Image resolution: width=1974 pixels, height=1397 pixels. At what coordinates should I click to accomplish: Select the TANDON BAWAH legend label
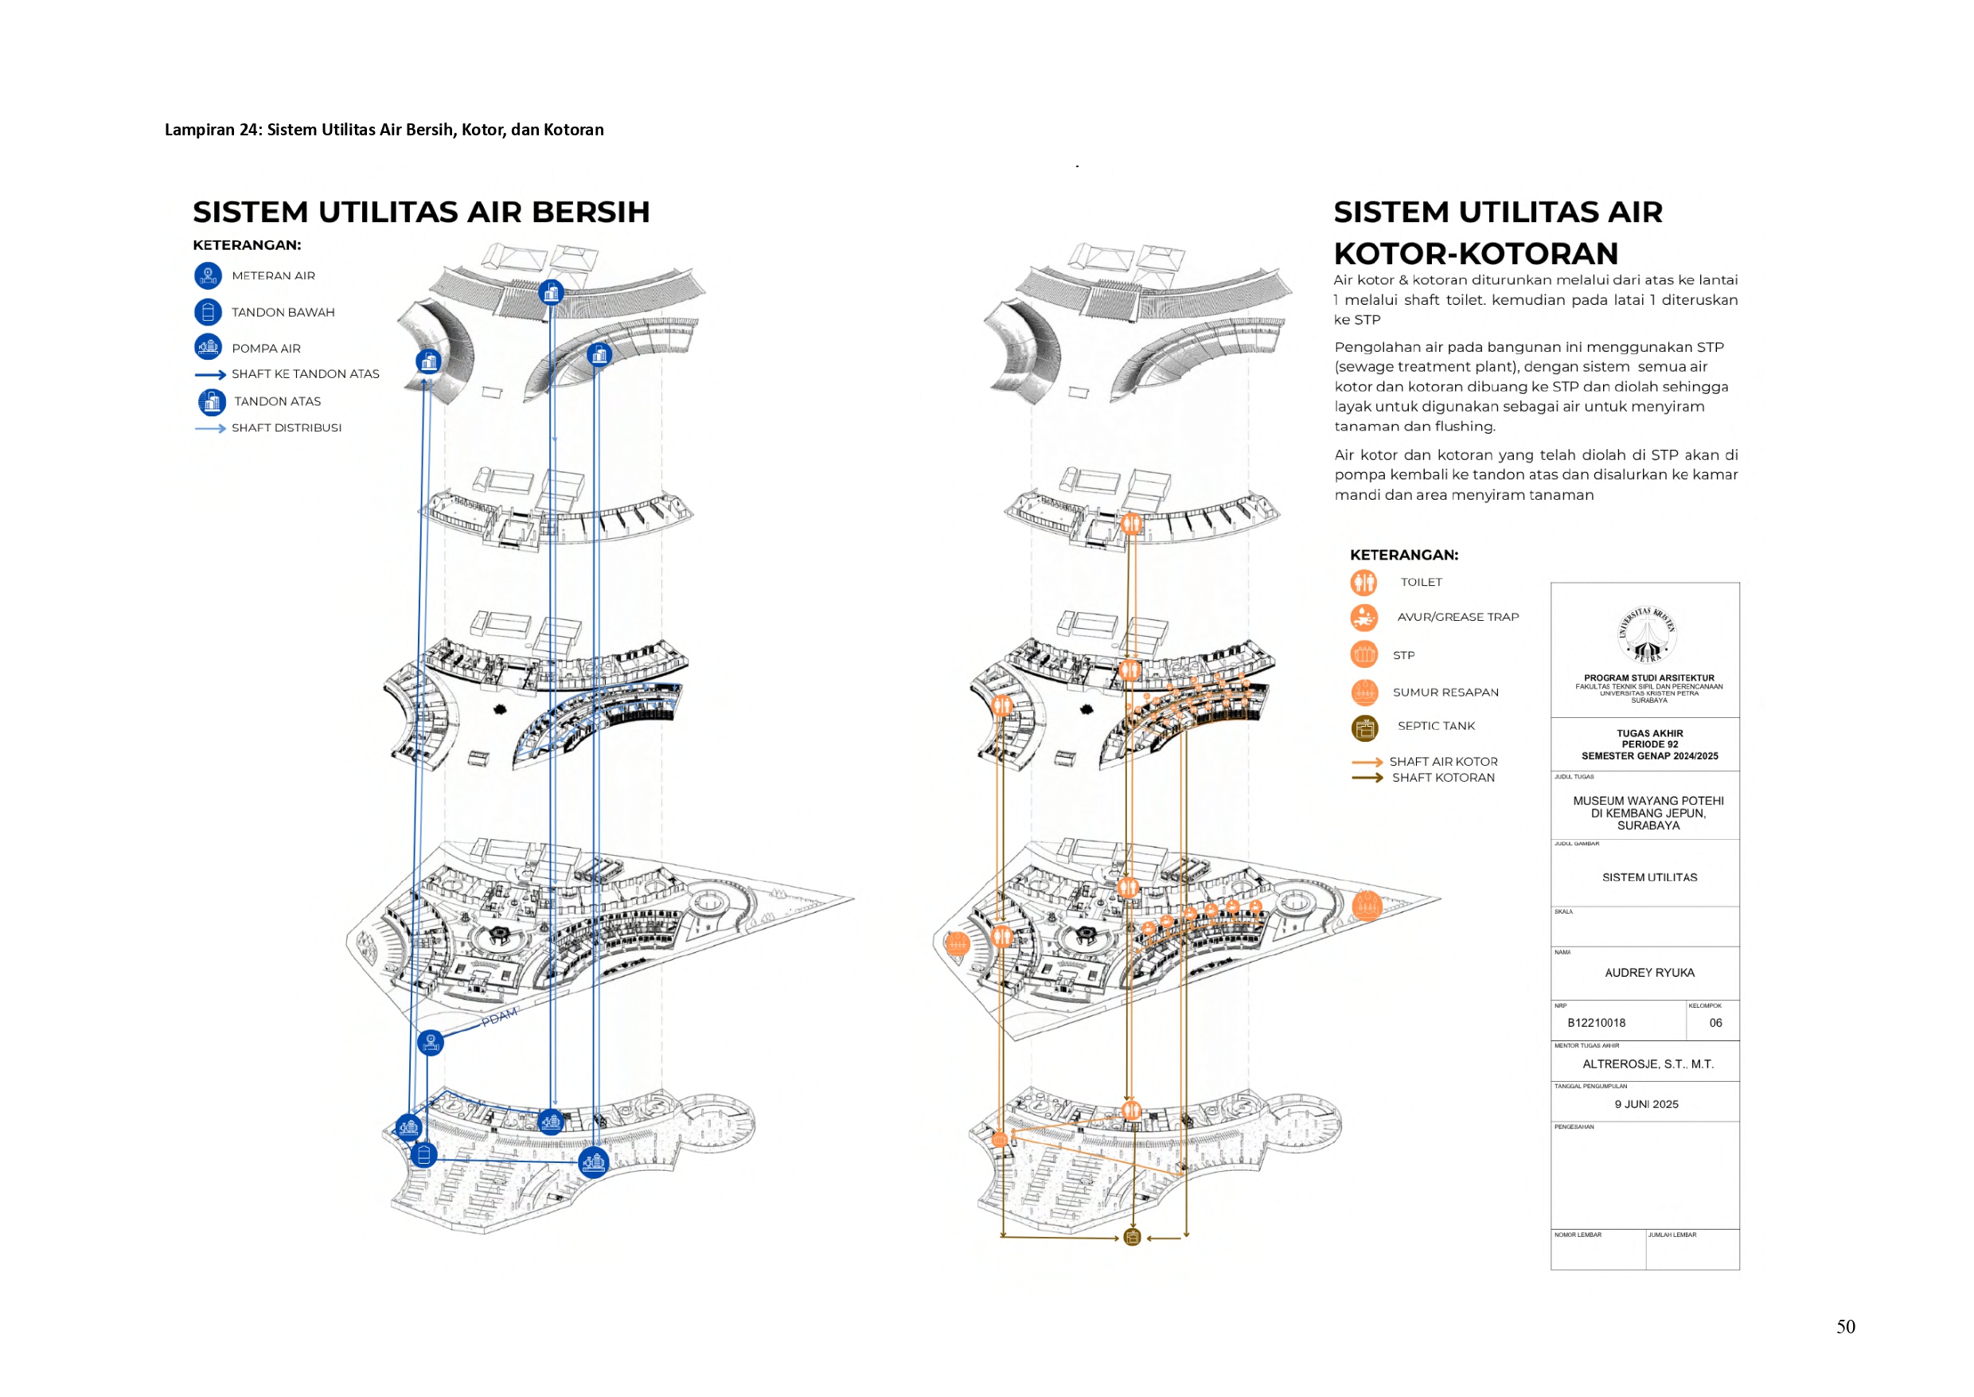pyautogui.click(x=283, y=312)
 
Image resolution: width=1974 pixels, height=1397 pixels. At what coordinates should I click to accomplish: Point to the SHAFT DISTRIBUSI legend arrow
pyautogui.click(x=210, y=428)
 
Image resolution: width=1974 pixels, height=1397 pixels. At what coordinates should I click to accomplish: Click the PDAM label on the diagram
pyautogui.click(x=500, y=1017)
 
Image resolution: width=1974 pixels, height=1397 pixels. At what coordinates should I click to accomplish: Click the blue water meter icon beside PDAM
pyautogui.click(x=430, y=1043)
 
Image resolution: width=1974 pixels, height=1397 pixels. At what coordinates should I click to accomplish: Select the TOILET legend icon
pyautogui.click(x=1363, y=583)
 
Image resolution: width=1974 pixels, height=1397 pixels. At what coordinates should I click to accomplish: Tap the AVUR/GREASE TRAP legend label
pyautogui.click(x=1457, y=618)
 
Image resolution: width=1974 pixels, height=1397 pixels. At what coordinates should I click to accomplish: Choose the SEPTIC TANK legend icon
pyautogui.click(x=1364, y=728)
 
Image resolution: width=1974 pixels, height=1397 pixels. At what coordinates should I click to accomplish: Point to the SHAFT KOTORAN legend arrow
pyautogui.click(x=1367, y=778)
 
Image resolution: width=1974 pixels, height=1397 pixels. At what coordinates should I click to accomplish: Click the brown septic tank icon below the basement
pyautogui.click(x=1132, y=1238)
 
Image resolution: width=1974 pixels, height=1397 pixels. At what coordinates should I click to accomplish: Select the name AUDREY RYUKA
pyautogui.click(x=1649, y=973)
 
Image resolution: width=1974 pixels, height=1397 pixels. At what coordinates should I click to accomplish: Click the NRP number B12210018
pyautogui.click(x=1596, y=1023)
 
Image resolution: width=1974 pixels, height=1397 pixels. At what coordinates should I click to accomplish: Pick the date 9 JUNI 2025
pyautogui.click(x=1645, y=1105)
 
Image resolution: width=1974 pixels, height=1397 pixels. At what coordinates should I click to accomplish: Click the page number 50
pyautogui.click(x=1845, y=1326)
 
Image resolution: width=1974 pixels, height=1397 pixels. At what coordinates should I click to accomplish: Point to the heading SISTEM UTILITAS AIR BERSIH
pyautogui.click(x=421, y=213)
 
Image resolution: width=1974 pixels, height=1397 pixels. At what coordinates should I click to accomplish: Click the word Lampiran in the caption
pyautogui.click(x=199, y=130)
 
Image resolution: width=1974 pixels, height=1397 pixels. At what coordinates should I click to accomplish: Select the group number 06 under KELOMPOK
pyautogui.click(x=1715, y=1023)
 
